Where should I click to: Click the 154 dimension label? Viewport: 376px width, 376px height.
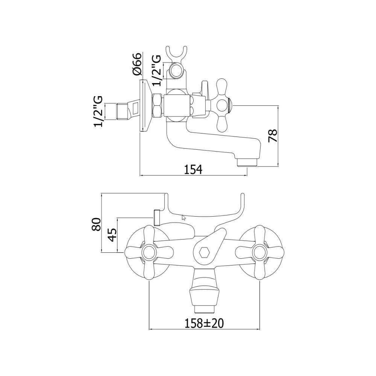[193, 169]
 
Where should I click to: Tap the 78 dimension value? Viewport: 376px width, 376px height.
[273, 136]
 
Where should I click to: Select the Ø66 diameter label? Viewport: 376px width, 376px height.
[137, 64]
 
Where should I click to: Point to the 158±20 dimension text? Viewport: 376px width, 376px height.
[204, 323]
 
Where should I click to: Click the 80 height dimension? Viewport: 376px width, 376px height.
[96, 224]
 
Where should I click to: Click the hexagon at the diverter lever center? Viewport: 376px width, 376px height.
[204, 252]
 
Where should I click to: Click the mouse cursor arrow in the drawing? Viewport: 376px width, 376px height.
[184, 217]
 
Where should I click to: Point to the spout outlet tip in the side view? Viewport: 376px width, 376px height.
[247, 163]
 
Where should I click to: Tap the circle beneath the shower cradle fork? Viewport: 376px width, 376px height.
[176, 71]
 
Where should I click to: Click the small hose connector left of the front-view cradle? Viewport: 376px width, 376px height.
[157, 218]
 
